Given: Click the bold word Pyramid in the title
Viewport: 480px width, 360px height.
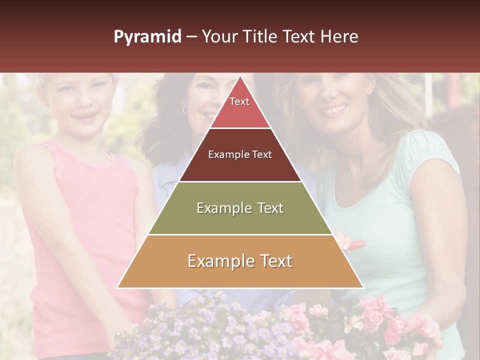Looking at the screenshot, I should (x=147, y=37).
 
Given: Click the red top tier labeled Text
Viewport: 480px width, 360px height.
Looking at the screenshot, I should (x=239, y=107).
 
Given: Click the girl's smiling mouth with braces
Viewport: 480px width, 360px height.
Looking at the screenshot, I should (x=81, y=117).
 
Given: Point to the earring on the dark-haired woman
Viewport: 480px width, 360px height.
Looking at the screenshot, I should (x=184, y=109).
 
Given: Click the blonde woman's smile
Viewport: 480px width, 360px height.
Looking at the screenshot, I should (x=334, y=108).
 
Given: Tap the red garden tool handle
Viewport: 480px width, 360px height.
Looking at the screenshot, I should (x=356, y=245).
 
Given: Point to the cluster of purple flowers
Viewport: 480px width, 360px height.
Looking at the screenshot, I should (x=200, y=325).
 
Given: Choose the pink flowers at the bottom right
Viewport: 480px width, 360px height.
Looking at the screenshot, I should (x=390, y=325).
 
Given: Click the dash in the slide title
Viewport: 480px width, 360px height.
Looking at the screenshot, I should (x=191, y=37).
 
